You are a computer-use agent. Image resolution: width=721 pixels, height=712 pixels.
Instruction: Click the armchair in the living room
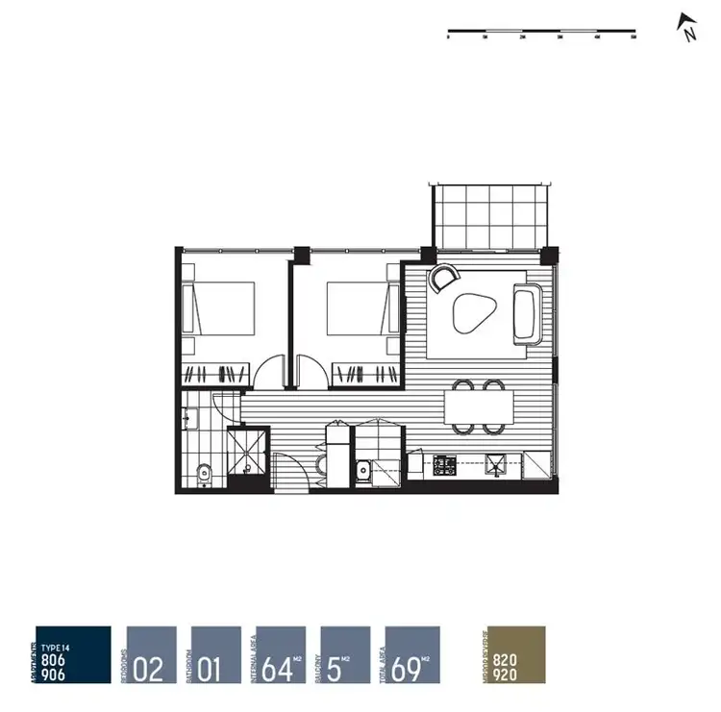point(446,280)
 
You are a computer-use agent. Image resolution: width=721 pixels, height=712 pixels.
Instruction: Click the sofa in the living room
point(528,313)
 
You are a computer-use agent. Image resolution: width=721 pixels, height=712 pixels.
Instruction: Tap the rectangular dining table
point(476,408)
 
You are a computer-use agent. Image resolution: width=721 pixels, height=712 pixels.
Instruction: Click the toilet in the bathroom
point(204,471)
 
